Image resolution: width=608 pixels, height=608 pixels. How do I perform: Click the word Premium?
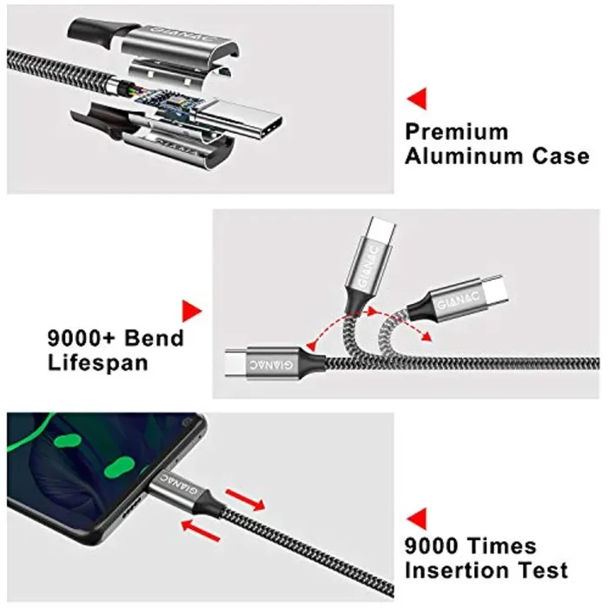coord(456,132)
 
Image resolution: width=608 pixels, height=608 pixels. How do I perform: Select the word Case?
coord(560,155)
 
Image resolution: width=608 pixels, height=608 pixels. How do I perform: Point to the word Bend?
coord(154,338)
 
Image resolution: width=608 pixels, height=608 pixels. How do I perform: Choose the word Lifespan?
coord(97,363)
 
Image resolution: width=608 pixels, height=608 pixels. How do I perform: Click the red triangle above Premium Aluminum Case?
coord(417,98)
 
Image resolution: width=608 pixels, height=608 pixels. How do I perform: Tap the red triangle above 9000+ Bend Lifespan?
coord(192,311)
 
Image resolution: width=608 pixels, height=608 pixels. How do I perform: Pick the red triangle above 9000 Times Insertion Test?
coord(417,519)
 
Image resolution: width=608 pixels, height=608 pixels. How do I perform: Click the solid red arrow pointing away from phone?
coord(245,499)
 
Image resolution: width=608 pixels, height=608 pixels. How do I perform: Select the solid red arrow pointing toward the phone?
coord(201,530)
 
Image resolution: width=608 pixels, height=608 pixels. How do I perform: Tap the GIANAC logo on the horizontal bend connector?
coord(271,365)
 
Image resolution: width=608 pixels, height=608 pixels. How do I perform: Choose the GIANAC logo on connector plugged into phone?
coord(179,484)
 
